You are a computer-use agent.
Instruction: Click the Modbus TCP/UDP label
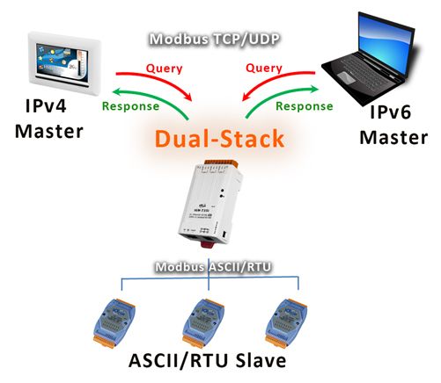[x=214, y=40]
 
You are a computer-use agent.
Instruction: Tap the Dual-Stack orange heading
[x=219, y=138]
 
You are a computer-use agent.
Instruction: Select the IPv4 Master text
[x=49, y=119]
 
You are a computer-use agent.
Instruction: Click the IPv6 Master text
[x=393, y=125]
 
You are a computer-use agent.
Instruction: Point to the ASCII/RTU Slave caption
[x=207, y=360]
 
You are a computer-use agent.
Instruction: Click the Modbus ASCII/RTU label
[x=213, y=267]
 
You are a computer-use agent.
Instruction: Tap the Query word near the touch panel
[x=164, y=69]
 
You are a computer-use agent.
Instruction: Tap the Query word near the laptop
[x=264, y=68]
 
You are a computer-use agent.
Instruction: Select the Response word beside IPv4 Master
[x=130, y=106]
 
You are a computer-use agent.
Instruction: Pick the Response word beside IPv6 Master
[x=305, y=106]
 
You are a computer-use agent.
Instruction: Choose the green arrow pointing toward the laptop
[x=276, y=96]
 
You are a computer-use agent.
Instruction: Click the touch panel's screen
[x=62, y=62]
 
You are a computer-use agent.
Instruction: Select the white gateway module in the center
[x=210, y=204]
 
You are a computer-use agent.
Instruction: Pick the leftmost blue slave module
[x=114, y=323]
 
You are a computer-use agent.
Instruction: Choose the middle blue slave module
[x=203, y=323]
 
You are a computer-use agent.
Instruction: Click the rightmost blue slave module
[x=286, y=323]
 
